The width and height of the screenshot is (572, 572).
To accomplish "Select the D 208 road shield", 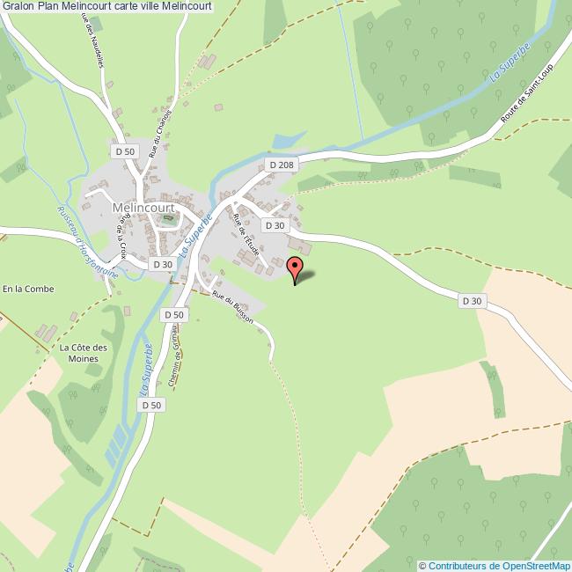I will pos(282,165).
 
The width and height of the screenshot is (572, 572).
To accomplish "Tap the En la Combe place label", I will pos(28,289).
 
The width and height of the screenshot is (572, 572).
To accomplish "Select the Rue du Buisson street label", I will pos(233,308).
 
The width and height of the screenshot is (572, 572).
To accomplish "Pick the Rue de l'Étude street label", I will pos(246,236).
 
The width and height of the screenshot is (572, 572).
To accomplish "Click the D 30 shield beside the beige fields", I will pos(473,301).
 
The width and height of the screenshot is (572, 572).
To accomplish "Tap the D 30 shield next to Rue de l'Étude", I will pos(276,225).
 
